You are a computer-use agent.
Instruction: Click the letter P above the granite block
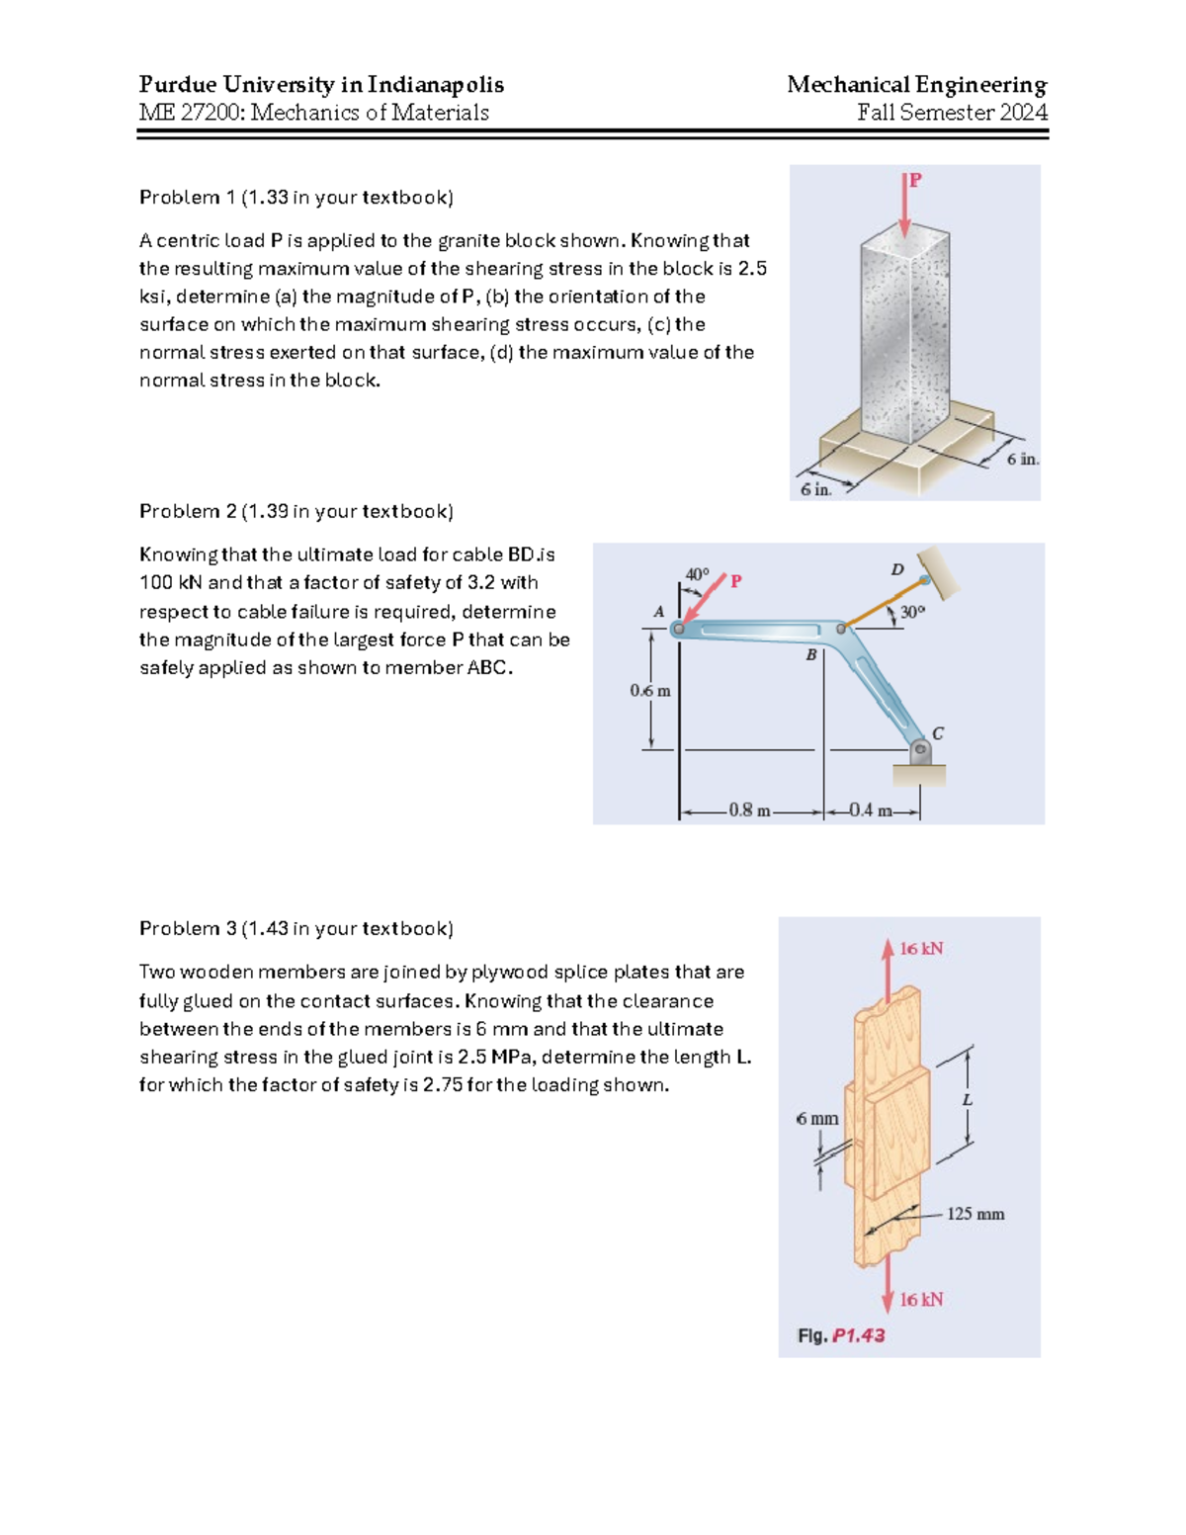click(916, 180)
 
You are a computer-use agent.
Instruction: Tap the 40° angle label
click(697, 574)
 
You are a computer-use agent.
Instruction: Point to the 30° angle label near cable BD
click(912, 613)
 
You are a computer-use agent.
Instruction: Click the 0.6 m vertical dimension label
click(650, 691)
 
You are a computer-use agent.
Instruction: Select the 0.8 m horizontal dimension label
click(749, 810)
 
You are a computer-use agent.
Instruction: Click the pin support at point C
click(920, 750)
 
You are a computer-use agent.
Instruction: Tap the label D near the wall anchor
click(897, 569)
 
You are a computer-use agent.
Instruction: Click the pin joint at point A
click(679, 629)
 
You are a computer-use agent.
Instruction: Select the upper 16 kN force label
click(921, 949)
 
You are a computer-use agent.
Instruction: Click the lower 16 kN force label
click(921, 1300)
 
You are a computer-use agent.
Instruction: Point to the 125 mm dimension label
click(975, 1214)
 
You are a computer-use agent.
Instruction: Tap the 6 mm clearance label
click(817, 1119)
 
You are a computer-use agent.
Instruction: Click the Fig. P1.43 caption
click(841, 1335)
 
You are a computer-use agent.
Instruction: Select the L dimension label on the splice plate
click(968, 1100)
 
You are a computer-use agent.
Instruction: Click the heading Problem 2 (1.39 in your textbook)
click(296, 511)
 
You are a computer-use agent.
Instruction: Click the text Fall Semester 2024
click(952, 113)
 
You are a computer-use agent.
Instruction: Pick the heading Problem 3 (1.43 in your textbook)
click(296, 928)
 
